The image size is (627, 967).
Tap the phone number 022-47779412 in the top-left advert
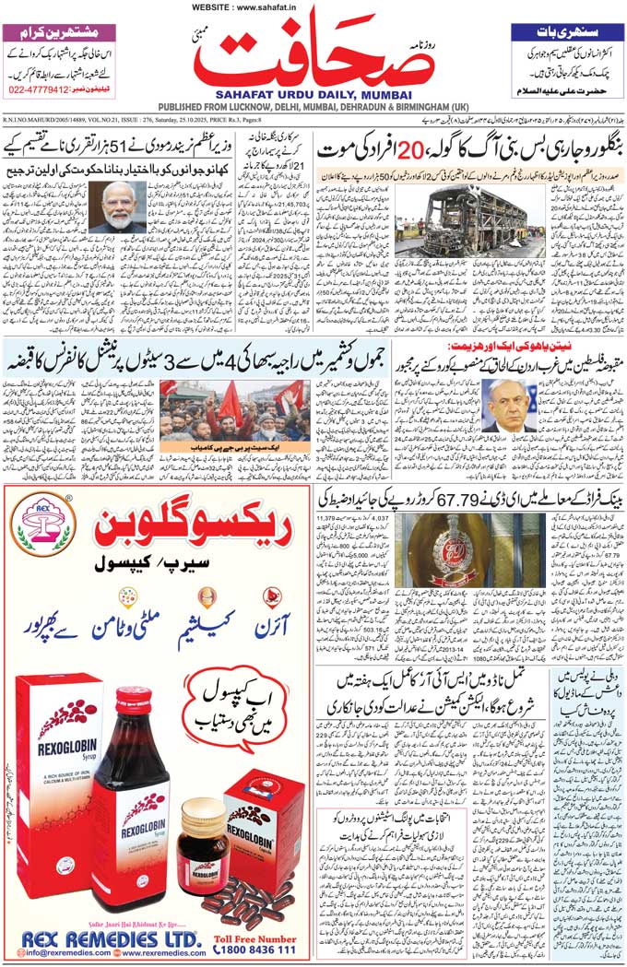(37, 90)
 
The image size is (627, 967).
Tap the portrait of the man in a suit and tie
(508, 405)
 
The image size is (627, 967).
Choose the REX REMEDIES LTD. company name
(111, 938)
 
